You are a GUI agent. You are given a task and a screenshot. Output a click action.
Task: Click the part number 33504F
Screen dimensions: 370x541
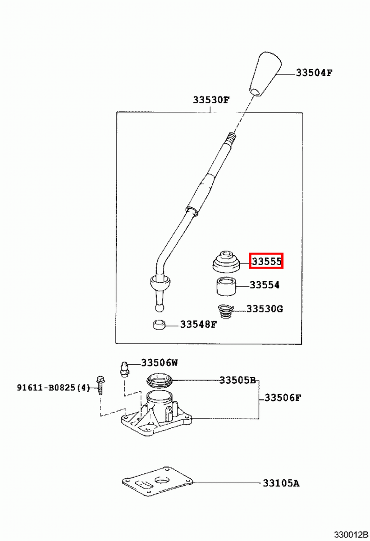(314, 72)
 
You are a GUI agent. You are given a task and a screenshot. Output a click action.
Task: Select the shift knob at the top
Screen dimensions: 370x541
(265, 74)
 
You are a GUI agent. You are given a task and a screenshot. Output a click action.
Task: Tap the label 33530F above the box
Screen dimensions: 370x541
(211, 100)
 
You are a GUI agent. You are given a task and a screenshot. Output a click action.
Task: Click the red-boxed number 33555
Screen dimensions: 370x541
(266, 261)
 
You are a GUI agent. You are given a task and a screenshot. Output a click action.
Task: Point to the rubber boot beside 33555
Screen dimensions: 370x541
(226, 262)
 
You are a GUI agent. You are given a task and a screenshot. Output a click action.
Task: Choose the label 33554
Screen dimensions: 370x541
(265, 285)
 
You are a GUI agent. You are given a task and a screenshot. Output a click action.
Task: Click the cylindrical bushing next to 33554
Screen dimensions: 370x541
(226, 287)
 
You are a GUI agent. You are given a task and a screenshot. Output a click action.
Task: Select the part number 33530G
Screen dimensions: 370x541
(265, 309)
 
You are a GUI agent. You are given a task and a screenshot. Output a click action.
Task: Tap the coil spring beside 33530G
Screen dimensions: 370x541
(225, 312)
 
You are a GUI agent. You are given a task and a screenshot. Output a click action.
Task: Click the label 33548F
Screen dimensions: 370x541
(199, 324)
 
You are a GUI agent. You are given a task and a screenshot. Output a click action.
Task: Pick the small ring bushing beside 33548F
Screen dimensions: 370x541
(160, 324)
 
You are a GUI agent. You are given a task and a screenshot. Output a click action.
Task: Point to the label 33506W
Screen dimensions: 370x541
(160, 362)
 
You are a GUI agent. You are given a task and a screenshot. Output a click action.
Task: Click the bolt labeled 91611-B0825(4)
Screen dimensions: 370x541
(100, 385)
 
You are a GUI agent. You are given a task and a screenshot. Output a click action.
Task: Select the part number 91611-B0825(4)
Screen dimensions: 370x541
(53, 388)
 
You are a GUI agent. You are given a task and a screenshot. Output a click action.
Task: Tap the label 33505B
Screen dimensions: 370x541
(238, 380)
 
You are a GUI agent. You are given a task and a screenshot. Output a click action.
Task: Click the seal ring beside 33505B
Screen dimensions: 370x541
(160, 381)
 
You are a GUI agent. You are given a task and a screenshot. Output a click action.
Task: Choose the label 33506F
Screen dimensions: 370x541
(283, 398)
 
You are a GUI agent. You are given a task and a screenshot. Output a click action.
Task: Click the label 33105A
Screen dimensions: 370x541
(281, 483)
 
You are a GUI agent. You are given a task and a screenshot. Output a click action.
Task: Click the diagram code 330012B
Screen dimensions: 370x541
(352, 535)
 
